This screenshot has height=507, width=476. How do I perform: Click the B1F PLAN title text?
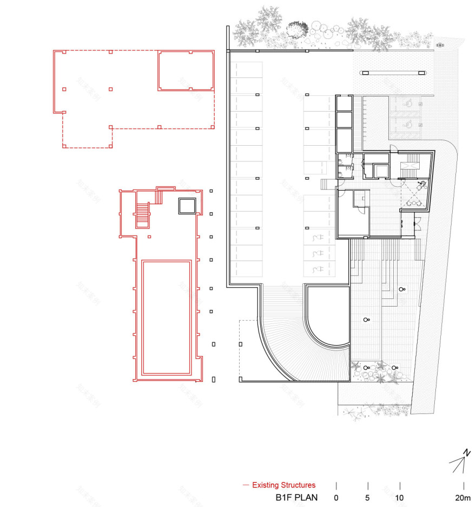(296, 497)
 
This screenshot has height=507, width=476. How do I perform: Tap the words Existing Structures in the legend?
(284, 485)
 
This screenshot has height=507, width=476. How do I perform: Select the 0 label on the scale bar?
(336, 497)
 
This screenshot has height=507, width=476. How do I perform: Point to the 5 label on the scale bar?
(368, 497)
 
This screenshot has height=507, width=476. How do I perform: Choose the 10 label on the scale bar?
(400, 497)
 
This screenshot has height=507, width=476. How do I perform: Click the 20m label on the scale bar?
(463, 497)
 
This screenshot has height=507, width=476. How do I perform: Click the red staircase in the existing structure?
(142, 215)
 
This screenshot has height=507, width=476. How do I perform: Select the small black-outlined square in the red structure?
(187, 206)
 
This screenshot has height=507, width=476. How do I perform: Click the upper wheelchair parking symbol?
(409, 102)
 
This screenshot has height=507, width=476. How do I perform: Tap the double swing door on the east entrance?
(416, 220)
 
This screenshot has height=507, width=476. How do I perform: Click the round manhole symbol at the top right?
(441, 44)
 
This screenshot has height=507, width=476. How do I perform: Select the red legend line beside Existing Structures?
(246, 485)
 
